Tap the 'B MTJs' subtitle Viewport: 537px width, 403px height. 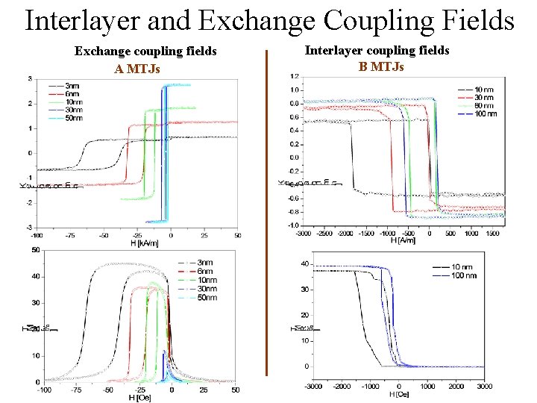tap(381, 66)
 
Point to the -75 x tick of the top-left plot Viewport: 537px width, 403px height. tap(69, 235)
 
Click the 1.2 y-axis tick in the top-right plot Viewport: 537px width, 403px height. tap(294, 76)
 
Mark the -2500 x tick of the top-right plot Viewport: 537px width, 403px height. tap(324, 233)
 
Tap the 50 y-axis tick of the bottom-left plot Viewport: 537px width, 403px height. tap(35, 250)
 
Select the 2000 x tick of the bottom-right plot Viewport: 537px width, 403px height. tap(456, 386)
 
